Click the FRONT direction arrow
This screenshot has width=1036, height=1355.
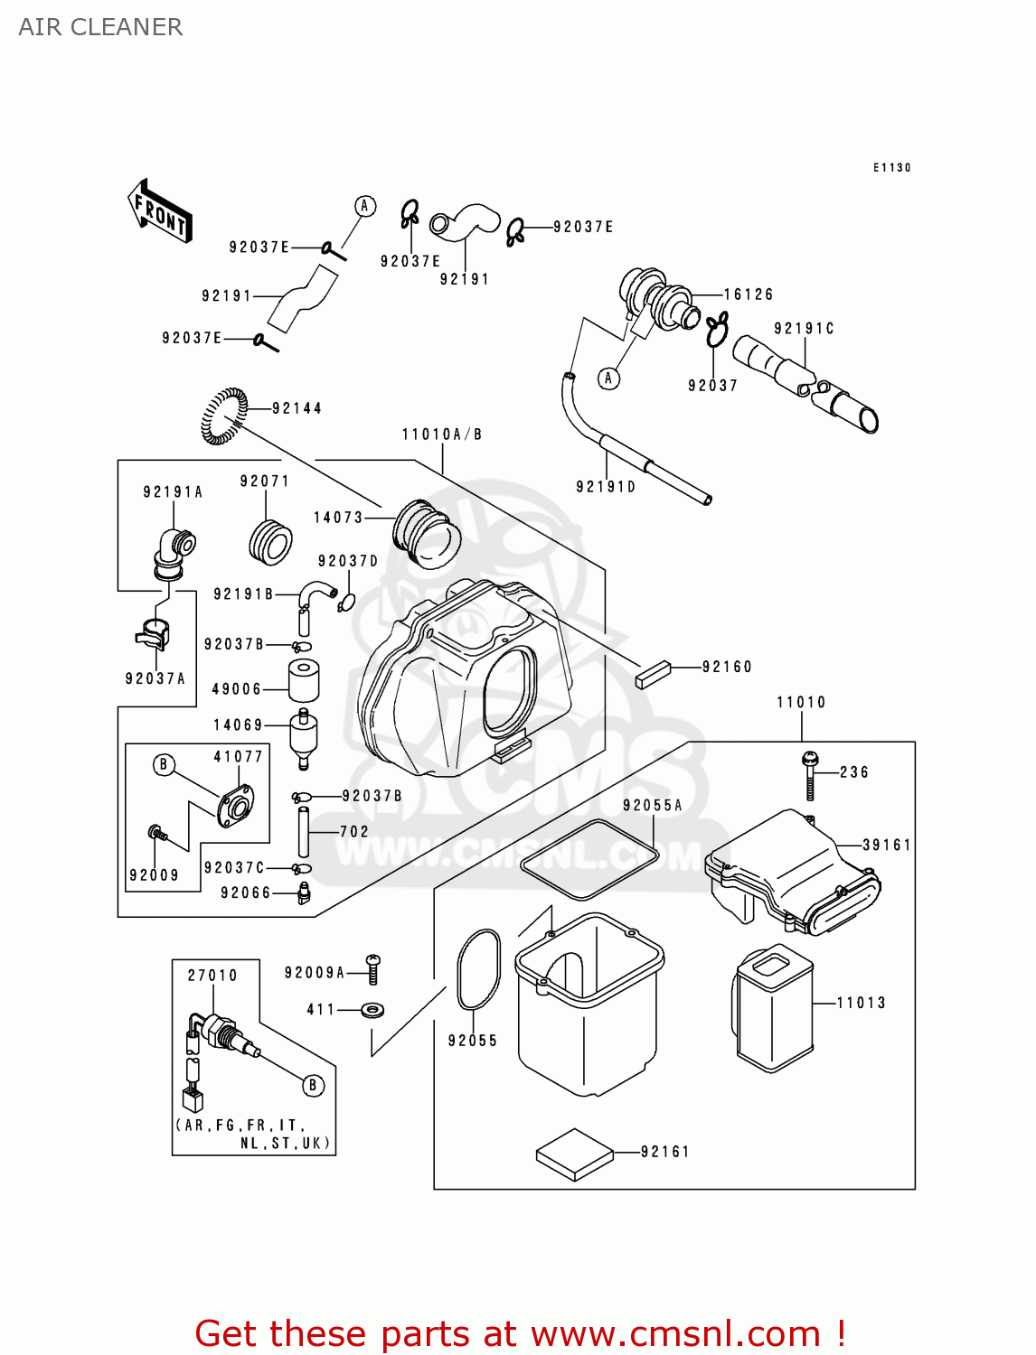(160, 210)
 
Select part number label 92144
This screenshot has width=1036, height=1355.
(297, 408)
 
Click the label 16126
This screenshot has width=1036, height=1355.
(749, 294)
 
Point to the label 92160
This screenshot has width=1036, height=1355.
(727, 667)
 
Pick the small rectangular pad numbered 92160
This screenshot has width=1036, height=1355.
(653, 675)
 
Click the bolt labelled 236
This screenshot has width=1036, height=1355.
(810, 775)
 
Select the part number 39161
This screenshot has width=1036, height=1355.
(886, 845)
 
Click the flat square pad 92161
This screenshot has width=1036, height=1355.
(575, 1154)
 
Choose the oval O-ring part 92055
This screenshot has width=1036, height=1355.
(478, 970)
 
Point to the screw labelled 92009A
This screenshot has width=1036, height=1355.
(372, 968)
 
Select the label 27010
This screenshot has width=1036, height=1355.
(212, 976)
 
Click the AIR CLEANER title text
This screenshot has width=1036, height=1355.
(100, 27)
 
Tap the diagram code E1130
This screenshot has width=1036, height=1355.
(892, 168)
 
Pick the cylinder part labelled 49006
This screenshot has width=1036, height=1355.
(304, 680)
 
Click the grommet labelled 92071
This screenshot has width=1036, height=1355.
(270, 542)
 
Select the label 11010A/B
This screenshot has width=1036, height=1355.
(442, 435)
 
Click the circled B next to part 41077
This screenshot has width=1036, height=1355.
(164, 765)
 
